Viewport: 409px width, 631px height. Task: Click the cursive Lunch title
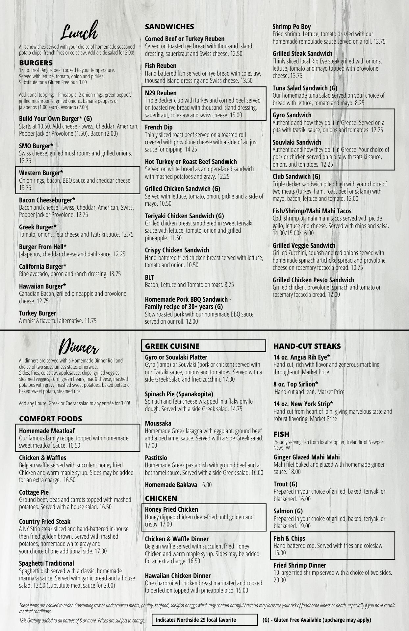click(80, 31)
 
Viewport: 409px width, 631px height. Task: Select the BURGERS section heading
click(36, 63)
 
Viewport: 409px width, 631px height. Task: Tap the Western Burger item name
click(41, 173)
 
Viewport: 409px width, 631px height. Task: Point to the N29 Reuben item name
click(161, 93)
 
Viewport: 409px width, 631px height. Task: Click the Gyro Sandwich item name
click(292, 115)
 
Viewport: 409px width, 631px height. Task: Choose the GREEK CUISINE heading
click(172, 346)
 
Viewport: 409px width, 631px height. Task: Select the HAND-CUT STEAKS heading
click(307, 346)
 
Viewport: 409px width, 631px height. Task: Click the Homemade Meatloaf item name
click(47, 431)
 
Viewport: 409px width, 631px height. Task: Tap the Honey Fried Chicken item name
click(171, 509)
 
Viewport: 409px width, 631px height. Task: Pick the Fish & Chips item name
click(289, 538)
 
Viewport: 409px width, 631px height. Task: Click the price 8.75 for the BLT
click(229, 285)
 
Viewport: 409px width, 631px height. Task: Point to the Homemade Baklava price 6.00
click(207, 485)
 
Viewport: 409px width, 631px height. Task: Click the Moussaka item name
click(158, 423)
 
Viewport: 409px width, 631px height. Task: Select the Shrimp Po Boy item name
click(292, 27)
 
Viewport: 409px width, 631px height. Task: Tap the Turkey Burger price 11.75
click(90, 321)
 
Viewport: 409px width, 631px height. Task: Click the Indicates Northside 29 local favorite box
click(204, 620)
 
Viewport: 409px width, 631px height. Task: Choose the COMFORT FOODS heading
click(50, 419)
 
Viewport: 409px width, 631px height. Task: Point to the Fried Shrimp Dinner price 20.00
click(280, 580)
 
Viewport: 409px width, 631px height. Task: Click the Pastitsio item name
click(156, 458)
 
